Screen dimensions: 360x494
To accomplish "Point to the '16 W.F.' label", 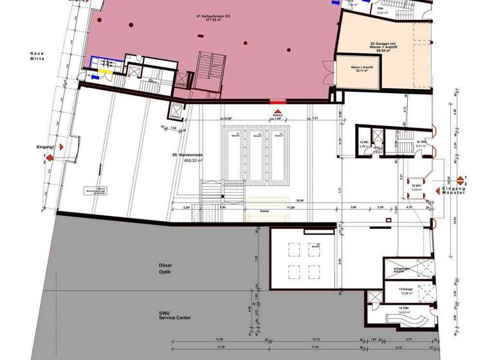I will [x=417, y=187].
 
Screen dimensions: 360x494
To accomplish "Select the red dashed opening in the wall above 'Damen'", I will [x=277, y=101].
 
